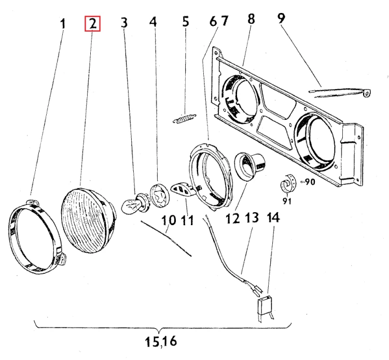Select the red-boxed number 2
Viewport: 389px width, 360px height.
coord(92,23)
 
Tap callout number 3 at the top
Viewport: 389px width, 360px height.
coord(124,23)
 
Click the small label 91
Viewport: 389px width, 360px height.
coord(286,201)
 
